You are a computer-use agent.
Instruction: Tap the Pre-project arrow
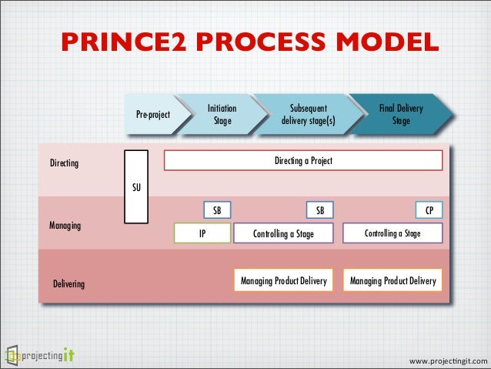coord(152,115)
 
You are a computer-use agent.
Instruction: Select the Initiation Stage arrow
coord(222,115)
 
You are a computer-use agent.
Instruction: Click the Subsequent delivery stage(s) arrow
coord(308,115)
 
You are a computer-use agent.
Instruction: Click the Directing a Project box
coord(303,160)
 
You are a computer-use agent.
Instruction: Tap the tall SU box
coord(136,187)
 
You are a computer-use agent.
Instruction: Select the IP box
coord(202,233)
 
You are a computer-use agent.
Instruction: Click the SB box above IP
coord(217,210)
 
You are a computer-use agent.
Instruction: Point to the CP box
coord(429,210)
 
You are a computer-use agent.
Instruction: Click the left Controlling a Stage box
coord(284,233)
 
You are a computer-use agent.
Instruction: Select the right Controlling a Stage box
coord(392,233)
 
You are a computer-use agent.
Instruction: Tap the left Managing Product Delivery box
coord(284,281)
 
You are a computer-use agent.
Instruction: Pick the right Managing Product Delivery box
coord(392,281)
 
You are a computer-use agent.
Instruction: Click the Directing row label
coord(64,164)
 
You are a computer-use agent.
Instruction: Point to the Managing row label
coord(65,226)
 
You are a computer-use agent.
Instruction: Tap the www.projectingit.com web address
coord(448,361)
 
